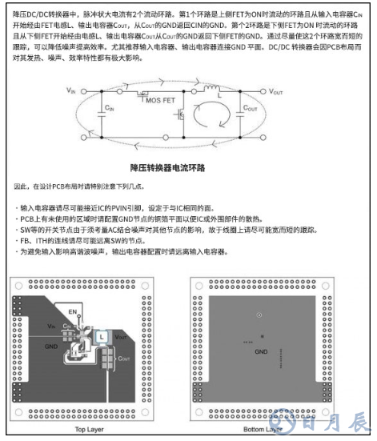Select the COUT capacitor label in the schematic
[250, 106]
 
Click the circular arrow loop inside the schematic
[213, 119]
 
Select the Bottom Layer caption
[260, 429]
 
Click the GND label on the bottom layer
[261, 351]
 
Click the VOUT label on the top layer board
[120, 337]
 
